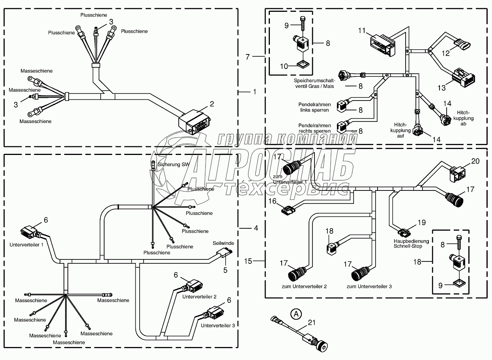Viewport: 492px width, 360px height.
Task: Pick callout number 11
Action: point(363,30)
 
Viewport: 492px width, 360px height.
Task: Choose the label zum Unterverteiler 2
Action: point(304,287)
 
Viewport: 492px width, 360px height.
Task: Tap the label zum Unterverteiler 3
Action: point(369,287)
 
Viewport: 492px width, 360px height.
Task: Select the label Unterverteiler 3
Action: point(218,325)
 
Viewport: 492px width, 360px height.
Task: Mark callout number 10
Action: point(284,67)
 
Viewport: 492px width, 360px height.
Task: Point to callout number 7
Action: point(247,57)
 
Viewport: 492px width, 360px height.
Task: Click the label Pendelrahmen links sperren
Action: point(314,107)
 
